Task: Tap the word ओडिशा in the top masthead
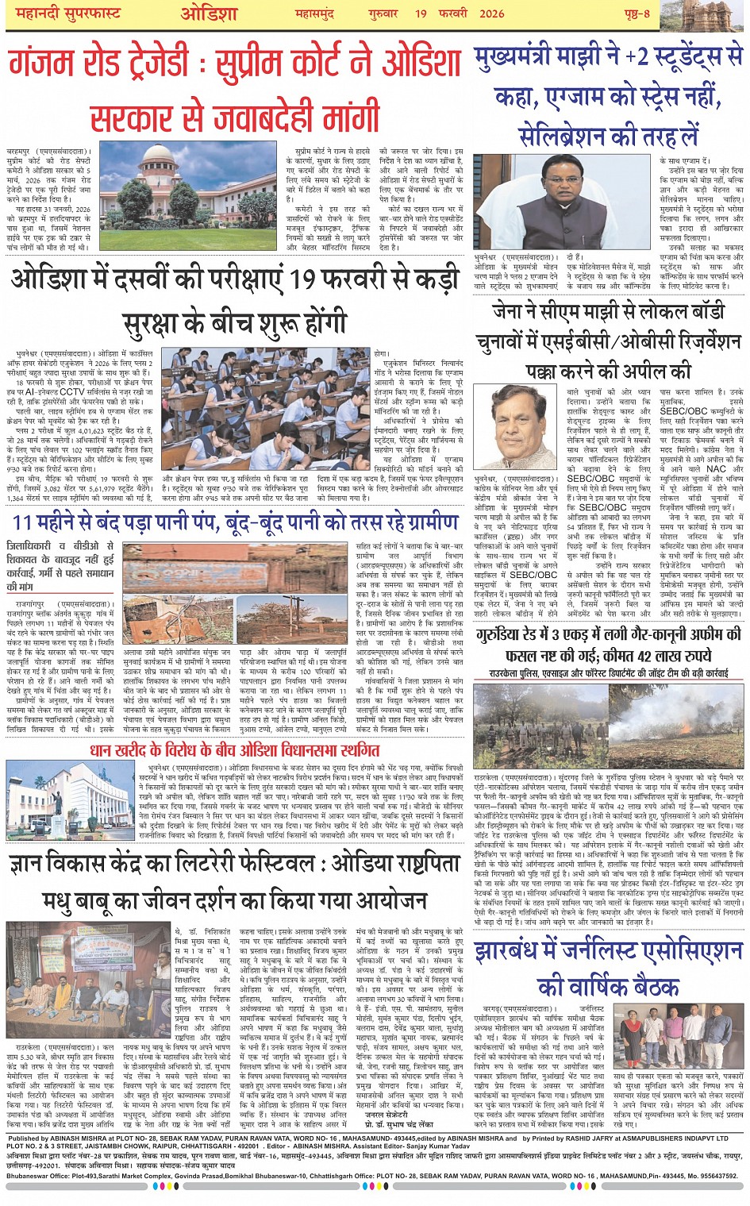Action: point(209,13)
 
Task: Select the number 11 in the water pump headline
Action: point(22,522)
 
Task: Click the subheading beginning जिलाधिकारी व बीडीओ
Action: point(60,565)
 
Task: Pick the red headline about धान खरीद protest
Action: point(234,750)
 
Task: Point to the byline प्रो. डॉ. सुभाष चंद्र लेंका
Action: point(410,1124)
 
